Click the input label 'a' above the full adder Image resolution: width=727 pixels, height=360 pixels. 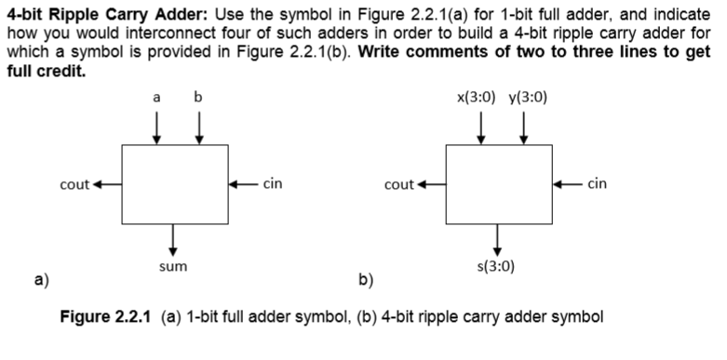[x=156, y=98]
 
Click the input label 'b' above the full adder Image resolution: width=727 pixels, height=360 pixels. [x=198, y=97]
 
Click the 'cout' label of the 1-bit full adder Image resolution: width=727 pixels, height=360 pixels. [x=74, y=184]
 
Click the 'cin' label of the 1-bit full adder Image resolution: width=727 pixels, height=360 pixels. [x=273, y=184]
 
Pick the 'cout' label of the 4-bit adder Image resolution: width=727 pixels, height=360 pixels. [x=398, y=184]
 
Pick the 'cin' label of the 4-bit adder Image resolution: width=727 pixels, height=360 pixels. [x=598, y=184]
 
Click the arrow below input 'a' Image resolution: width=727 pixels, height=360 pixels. [x=156, y=127]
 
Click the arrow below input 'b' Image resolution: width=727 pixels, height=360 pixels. [x=198, y=127]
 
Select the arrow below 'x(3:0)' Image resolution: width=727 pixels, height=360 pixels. [x=481, y=127]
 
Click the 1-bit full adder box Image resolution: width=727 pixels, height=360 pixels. [x=174, y=183]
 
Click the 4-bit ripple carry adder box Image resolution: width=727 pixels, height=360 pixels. [x=499, y=183]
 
